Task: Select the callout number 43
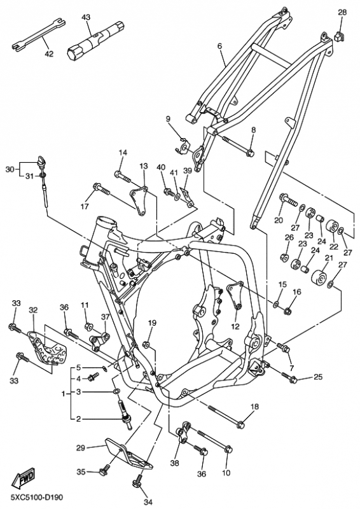click(x=86, y=17)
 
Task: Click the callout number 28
click(x=342, y=12)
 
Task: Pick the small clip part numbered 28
click(x=339, y=36)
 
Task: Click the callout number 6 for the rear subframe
click(x=220, y=46)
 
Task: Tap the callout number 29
click(x=81, y=449)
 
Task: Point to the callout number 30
click(x=10, y=169)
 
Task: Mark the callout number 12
click(x=235, y=326)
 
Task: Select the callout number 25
click(x=318, y=377)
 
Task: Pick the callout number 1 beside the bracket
click(x=64, y=394)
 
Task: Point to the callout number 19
click(x=152, y=323)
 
